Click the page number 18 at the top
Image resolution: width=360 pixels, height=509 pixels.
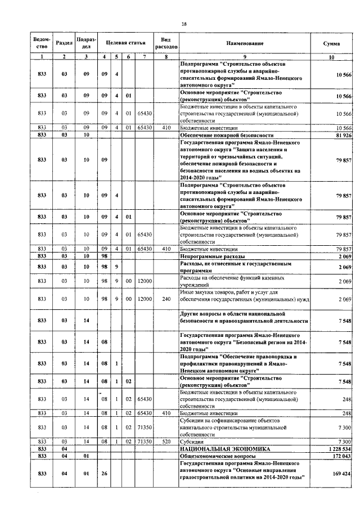[184, 23]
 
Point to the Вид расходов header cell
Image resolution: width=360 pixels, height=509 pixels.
[166, 43]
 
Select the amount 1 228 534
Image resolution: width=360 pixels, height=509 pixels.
[337, 449]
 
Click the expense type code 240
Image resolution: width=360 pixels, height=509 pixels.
[166, 299]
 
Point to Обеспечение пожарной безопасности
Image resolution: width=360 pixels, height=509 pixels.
[226, 136]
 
